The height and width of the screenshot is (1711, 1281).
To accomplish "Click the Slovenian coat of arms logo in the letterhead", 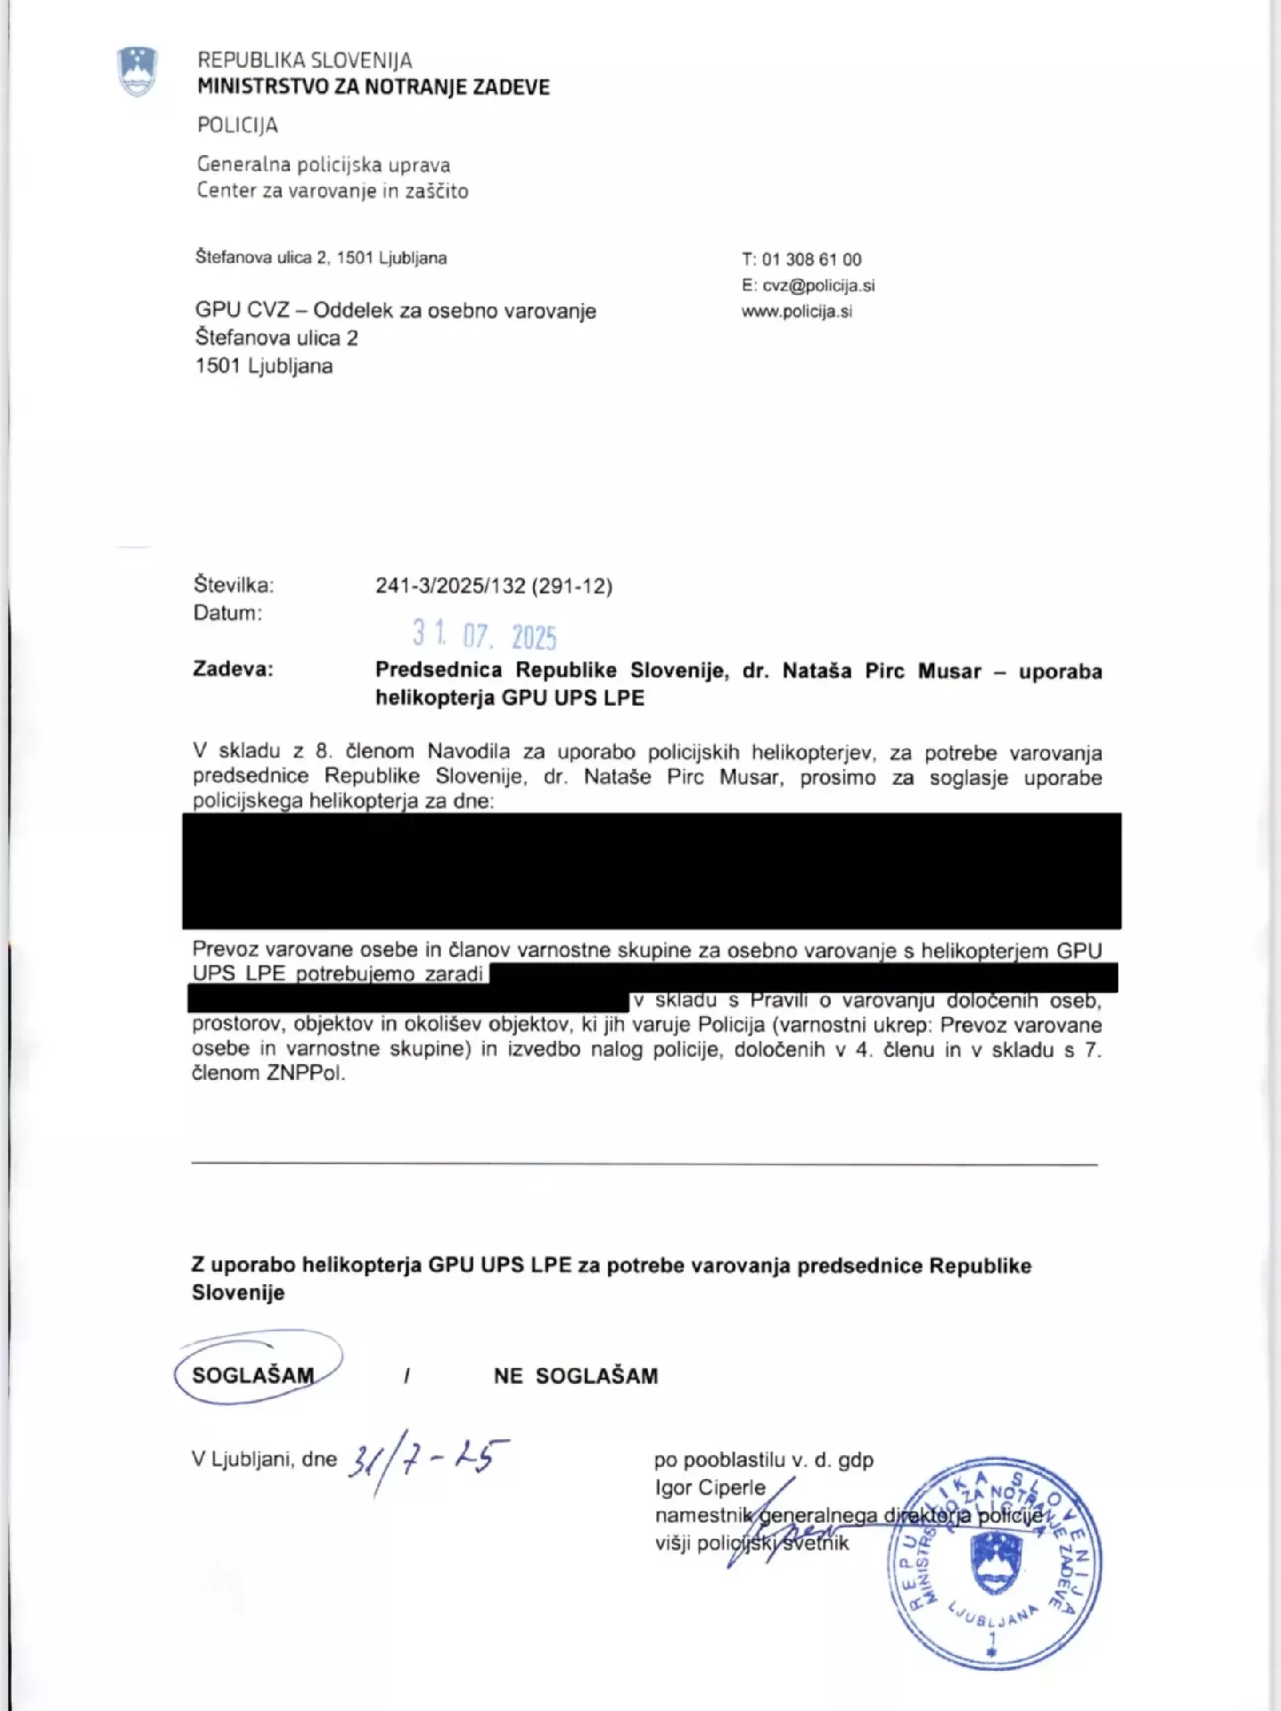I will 137,72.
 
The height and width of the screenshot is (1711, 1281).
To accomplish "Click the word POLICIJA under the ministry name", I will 237,126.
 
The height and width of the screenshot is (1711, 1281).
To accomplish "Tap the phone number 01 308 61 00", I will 811,259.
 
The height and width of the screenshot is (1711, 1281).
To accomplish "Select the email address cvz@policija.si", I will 818,285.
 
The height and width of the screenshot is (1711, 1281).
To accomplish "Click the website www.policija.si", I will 797,311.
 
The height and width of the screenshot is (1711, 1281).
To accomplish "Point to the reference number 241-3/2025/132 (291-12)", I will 494,585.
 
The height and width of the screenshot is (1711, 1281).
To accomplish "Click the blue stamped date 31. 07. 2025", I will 484,634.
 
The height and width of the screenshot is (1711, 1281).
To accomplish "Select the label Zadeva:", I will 233,669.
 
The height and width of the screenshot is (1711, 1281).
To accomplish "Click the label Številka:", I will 234,585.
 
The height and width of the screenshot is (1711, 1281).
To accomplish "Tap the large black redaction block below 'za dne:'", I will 652,871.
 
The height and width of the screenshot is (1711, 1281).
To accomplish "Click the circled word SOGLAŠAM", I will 253,1375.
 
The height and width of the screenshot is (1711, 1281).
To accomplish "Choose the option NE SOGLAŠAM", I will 575,1376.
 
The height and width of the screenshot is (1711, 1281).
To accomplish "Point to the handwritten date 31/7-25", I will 428,1459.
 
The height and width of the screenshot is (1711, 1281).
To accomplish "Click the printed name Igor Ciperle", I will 710,1487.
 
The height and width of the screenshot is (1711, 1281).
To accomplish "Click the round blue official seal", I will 994,1565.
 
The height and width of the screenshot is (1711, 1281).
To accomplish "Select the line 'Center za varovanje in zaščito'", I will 333,191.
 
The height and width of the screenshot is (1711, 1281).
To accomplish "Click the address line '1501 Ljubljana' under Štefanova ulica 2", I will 264,365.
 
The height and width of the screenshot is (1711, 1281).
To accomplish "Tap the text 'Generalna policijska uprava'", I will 324,165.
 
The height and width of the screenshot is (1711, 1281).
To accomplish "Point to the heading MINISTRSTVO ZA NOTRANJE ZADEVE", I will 374,87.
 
